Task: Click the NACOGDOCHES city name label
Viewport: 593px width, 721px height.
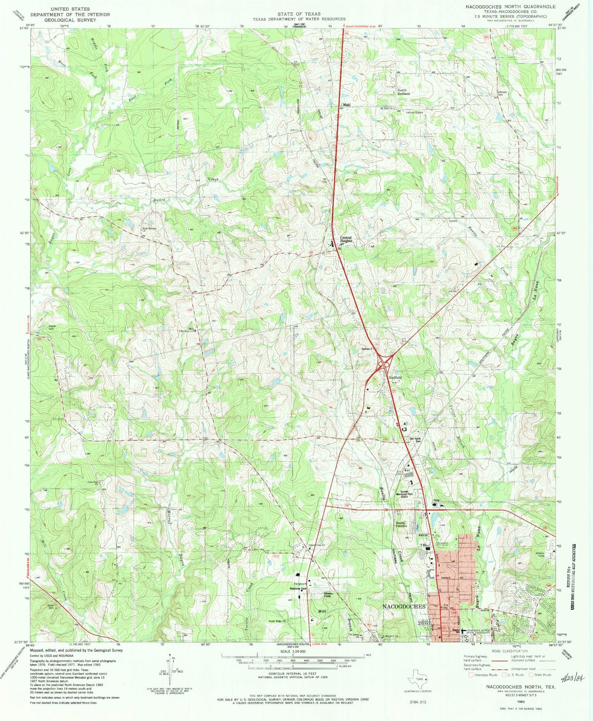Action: tap(403, 607)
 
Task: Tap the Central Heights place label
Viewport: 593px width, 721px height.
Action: tap(346, 239)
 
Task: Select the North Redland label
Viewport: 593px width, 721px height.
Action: tap(403, 92)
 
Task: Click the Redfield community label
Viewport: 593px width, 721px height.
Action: tap(395, 378)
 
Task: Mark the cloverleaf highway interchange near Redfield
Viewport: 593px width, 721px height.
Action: tap(385, 362)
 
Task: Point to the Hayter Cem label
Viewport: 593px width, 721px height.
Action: tap(52, 327)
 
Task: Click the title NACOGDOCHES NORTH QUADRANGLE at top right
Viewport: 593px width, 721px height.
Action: tap(510, 7)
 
